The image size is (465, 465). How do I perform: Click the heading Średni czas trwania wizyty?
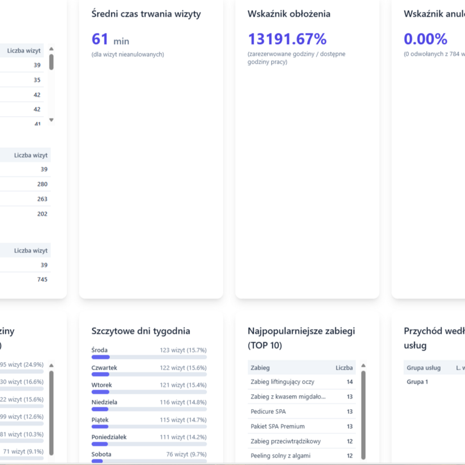[x=146, y=14]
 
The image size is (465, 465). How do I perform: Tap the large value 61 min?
[x=110, y=40]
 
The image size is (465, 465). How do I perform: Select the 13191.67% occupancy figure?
[x=287, y=40]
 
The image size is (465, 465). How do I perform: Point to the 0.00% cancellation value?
[x=425, y=40]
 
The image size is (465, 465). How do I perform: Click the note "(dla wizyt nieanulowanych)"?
[x=127, y=55]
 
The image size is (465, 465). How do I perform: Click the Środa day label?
[x=100, y=350]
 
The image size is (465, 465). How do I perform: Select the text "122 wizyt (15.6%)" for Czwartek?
[x=183, y=368]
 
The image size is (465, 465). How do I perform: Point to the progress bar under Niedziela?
[x=149, y=409]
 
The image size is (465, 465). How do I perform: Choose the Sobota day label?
[x=102, y=454]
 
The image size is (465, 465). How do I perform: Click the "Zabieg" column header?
[x=260, y=367]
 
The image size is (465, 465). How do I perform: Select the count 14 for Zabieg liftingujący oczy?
[x=349, y=382]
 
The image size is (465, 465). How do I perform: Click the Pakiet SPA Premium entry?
[x=277, y=426]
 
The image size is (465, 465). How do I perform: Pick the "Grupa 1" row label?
[x=417, y=382]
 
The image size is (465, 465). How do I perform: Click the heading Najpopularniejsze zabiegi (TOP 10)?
[x=301, y=338]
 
